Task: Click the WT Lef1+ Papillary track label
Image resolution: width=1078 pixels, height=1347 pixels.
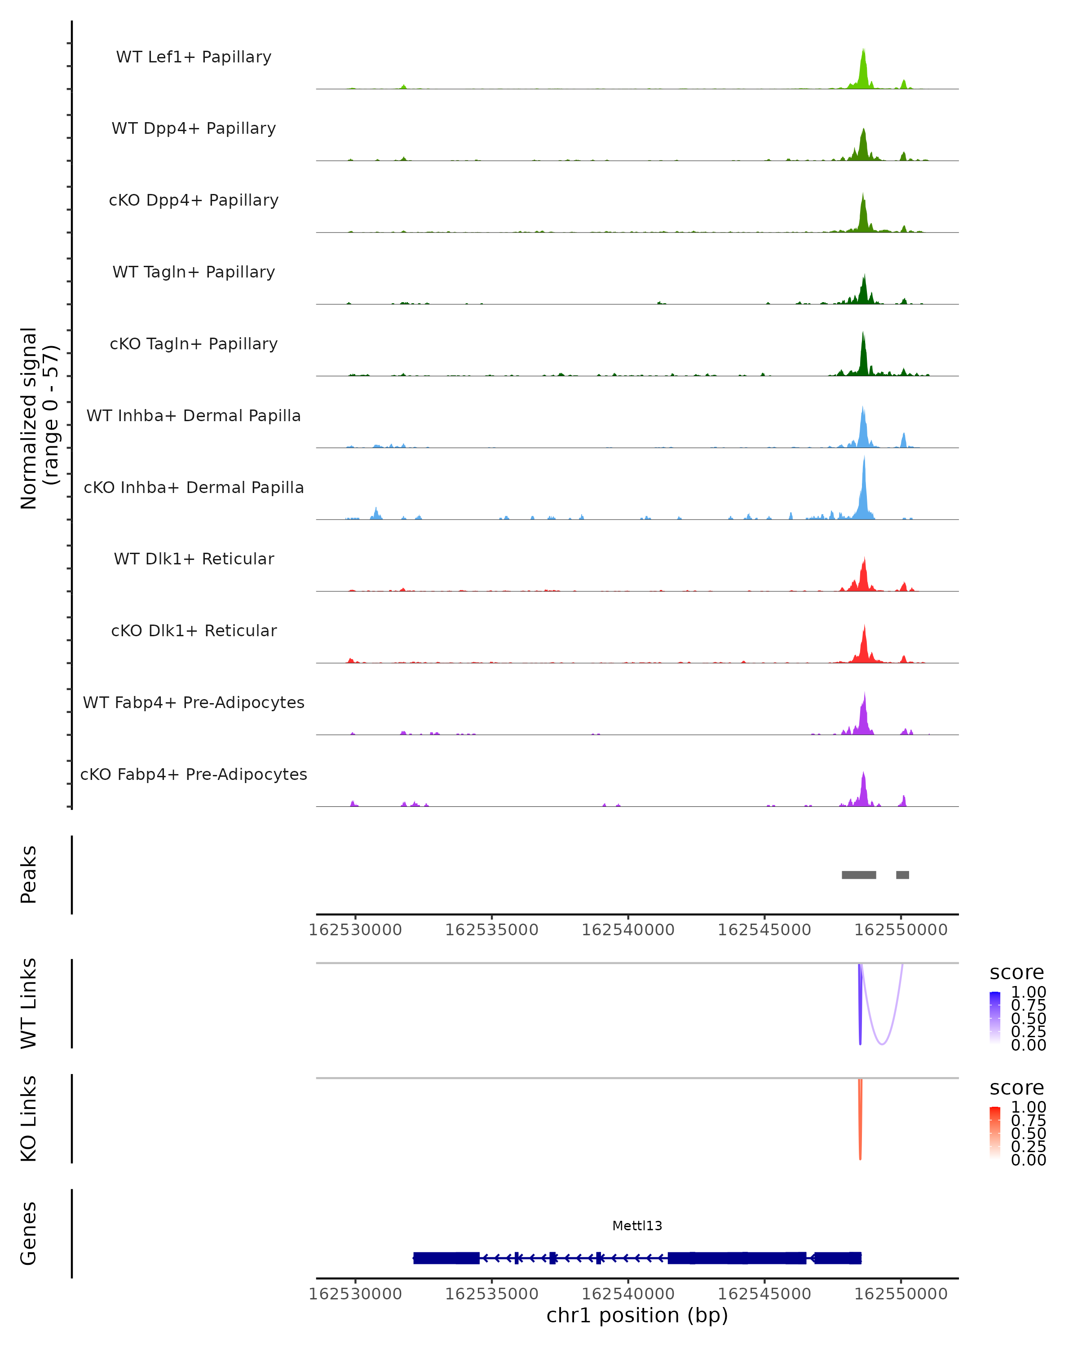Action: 194,57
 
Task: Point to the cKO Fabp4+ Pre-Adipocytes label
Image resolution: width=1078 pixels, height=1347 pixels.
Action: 194,774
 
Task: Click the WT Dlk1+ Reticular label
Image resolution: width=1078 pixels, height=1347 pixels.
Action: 194,559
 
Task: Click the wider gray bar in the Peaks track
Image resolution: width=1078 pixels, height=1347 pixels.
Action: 859,875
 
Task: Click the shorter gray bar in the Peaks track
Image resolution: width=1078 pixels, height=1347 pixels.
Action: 902,875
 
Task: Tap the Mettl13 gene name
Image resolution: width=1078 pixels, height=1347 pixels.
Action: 637,1226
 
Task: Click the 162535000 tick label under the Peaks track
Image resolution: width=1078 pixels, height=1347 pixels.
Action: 492,930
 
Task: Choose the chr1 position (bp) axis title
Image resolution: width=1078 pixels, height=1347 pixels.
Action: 637,1316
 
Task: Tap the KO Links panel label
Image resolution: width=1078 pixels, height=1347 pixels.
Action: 29,1118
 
